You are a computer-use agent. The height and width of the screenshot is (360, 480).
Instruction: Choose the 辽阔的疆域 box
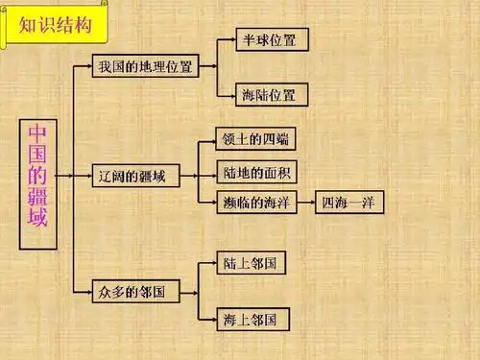(137, 176)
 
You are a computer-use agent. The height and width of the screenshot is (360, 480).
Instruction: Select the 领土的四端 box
(253, 140)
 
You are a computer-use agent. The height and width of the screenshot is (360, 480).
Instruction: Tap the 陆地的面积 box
(253, 172)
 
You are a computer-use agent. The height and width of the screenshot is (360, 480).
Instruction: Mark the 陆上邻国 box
(254, 262)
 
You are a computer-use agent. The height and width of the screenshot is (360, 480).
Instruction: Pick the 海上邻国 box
(254, 318)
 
